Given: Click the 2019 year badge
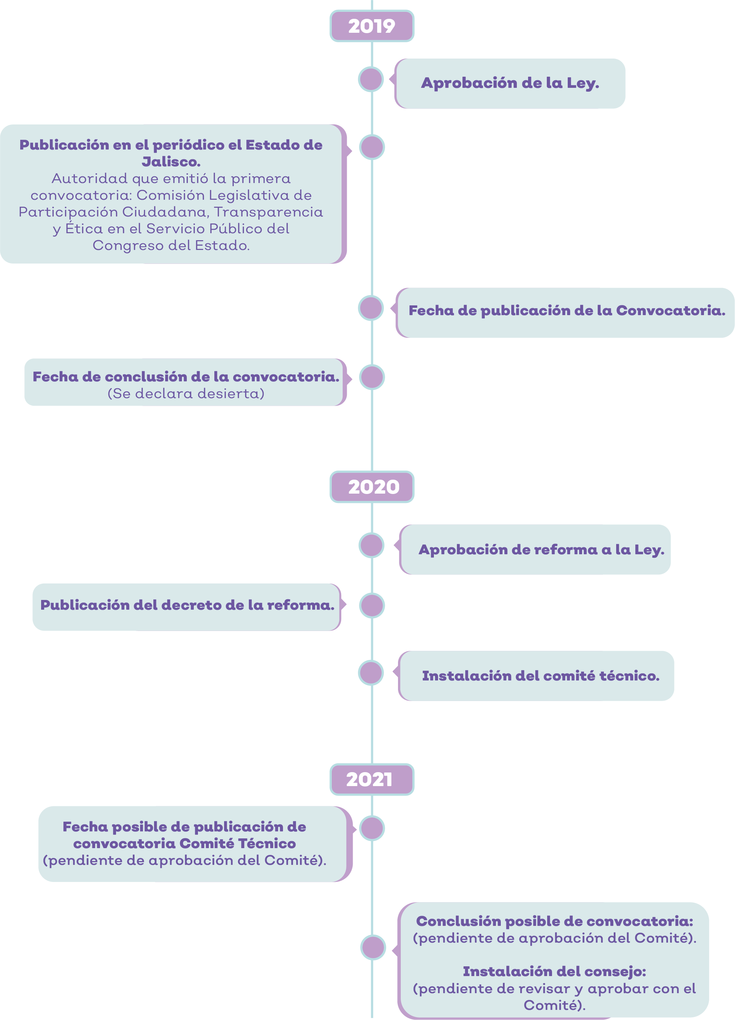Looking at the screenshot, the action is coord(372,26).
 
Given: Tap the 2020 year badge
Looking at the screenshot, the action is coord(372,487).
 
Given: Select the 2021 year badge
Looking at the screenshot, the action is coord(372,779).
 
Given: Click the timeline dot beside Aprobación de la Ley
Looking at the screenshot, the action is coord(371,79).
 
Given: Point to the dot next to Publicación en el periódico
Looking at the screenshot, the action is coord(372,147).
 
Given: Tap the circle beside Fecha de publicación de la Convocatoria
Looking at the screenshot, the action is coord(371,308).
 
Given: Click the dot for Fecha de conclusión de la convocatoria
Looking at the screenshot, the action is coord(372,377).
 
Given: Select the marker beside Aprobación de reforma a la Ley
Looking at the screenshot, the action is coord(371,545).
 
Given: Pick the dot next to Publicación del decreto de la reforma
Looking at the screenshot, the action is coord(372,606).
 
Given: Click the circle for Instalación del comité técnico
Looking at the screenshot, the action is coord(371,673).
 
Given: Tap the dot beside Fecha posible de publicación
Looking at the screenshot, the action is coord(372,828).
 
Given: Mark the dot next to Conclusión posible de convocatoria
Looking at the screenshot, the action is coord(373,947).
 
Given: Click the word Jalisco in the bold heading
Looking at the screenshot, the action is coord(171,161).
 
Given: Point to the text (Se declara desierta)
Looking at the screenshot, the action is coord(186,394).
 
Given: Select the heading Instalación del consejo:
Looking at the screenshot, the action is coord(554,972).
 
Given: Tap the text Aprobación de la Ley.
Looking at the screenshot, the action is coord(510,83).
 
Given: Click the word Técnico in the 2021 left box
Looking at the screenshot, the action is coord(267,843).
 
